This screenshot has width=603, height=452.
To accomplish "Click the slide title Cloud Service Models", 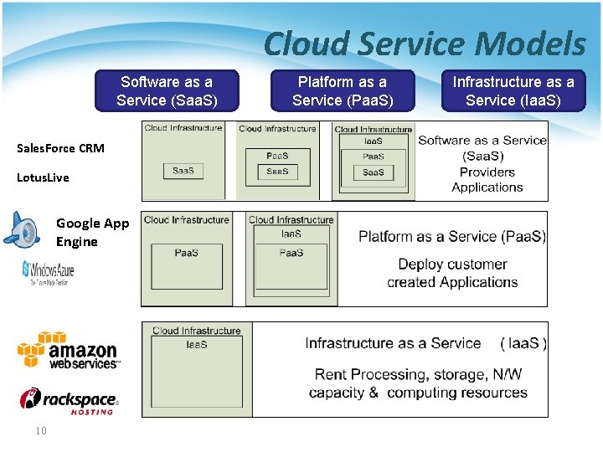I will coord(425,44).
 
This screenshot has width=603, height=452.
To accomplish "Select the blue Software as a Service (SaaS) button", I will coord(167,91).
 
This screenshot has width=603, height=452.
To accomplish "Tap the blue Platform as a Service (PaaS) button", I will coord(343,91).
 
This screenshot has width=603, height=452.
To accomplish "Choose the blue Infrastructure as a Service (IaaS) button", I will coord(513,91).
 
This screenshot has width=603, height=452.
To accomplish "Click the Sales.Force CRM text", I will coord(60,148).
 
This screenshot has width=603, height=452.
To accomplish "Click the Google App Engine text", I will coord(92,232).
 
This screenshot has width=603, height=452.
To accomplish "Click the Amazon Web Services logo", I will coord(69,350).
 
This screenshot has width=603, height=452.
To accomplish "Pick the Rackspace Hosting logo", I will coord(69,401).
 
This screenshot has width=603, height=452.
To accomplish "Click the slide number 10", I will coord(40,430).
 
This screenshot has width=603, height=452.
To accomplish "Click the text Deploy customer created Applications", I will coord(452,273).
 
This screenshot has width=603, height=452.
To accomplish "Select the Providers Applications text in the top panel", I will coord(487,180).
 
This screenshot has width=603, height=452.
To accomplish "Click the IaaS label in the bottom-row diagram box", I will coord(196,344).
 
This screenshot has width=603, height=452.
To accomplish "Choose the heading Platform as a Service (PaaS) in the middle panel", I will coord(452,237).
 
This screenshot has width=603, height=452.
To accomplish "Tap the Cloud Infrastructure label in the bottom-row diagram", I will coord(196,331).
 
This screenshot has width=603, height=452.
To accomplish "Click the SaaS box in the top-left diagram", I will coord(183,171).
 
